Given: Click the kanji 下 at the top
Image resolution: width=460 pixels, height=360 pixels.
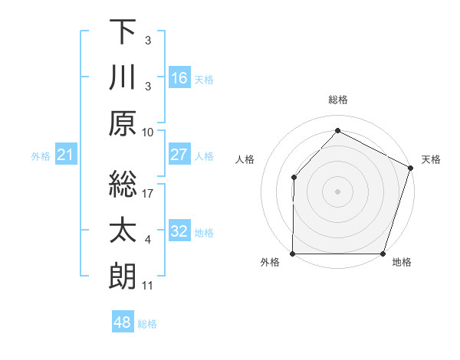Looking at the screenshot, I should pos(123,32).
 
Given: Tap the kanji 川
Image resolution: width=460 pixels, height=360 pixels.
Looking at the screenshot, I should pos(123,78).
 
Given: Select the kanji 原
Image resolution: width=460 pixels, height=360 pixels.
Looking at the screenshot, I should pos(123,125).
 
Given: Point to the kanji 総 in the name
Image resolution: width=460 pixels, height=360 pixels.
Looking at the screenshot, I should pos(123,185).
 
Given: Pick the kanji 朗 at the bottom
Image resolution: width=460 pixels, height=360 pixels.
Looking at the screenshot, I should pos(123,277).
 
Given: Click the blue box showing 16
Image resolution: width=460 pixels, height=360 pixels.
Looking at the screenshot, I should pos(179,78).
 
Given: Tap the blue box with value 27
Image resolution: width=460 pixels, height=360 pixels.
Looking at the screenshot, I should pos(179,155).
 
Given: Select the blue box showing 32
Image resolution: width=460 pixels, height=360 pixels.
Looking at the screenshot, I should pos(179,231).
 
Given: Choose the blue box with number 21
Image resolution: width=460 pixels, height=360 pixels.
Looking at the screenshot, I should pos(66,155).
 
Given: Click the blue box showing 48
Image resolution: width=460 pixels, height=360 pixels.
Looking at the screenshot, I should pos(123,322).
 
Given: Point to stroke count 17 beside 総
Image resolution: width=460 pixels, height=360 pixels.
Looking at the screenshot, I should pos(149,194).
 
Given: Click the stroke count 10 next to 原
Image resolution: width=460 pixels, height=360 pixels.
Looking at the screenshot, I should pos(148,132).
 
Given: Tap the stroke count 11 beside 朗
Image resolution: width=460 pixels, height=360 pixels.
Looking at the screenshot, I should pos(148,286).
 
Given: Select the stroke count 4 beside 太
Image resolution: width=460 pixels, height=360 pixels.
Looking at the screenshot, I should pos(148,240).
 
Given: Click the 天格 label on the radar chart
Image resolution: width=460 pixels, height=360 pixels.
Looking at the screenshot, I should pos(431,159).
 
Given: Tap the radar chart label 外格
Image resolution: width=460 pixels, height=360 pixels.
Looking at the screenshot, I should pos(270,262).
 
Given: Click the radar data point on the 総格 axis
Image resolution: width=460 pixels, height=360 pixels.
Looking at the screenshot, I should pos(337,130).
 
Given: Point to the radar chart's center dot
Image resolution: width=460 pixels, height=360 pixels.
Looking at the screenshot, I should pos(337,191).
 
